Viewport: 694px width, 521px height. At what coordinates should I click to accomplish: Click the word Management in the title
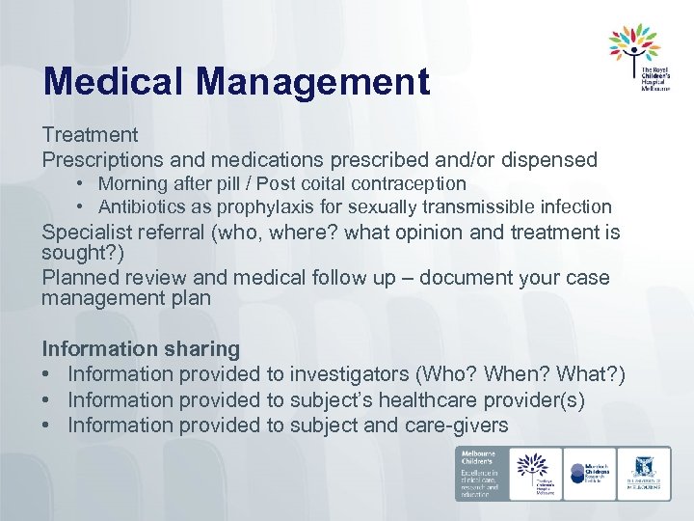(x=317, y=82)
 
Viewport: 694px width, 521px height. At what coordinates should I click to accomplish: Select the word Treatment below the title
(x=90, y=136)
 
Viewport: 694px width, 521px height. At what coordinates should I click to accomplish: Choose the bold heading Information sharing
(x=141, y=348)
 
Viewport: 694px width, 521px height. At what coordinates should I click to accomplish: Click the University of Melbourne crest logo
(x=644, y=473)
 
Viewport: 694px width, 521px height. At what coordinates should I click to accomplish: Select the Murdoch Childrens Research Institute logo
(x=590, y=473)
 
